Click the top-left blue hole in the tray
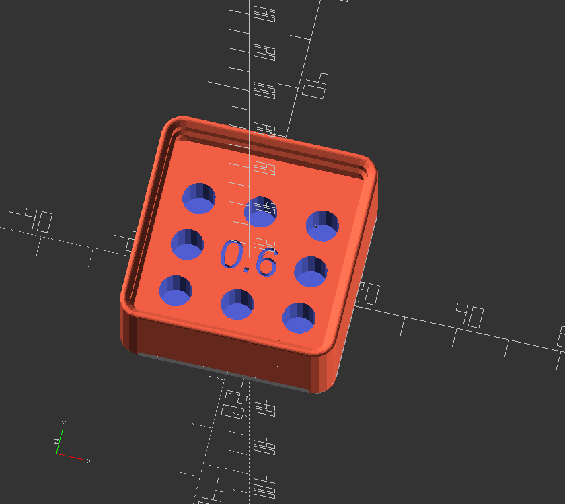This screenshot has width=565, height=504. [x=200, y=196]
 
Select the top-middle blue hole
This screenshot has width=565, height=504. [x=260, y=212]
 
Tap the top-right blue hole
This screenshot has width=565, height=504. [x=323, y=225]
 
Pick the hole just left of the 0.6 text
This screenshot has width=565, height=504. [x=187, y=244]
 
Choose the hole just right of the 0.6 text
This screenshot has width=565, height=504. [x=311, y=271]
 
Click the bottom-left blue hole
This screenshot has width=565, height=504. [x=176, y=290]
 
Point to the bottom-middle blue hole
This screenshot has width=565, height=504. [x=237, y=303]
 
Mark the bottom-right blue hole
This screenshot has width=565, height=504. [x=299, y=318]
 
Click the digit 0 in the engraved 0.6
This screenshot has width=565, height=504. [x=231, y=256]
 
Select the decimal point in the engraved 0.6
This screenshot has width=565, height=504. [x=248, y=268]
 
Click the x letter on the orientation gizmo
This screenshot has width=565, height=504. [x=89, y=460]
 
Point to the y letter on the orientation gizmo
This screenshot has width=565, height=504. [x=63, y=423]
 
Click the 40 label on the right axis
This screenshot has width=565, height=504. [x=469, y=316]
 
